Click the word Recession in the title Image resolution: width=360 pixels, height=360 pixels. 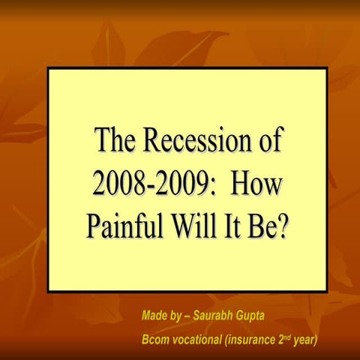[190, 140]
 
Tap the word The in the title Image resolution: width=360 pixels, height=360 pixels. [114, 140]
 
